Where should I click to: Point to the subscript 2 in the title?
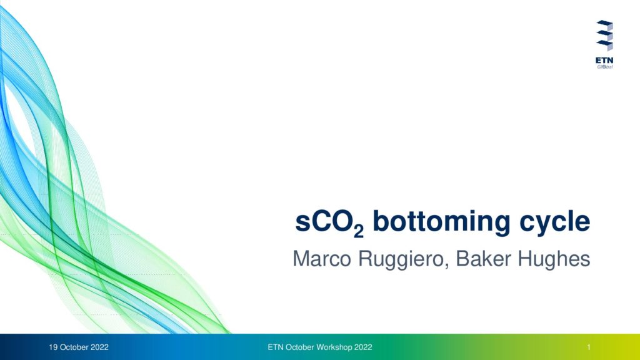tap(359, 232)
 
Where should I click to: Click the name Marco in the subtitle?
tap(322, 259)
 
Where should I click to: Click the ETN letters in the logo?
tap(604, 61)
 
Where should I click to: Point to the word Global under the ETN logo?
tap(605, 67)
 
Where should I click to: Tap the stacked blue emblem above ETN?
tap(604, 36)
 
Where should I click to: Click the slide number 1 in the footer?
tap(589, 347)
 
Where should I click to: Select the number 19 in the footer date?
tap(53, 347)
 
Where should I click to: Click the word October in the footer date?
tap(74, 347)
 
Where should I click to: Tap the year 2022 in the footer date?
tap(99, 347)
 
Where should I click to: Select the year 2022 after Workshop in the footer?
tap(363, 347)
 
